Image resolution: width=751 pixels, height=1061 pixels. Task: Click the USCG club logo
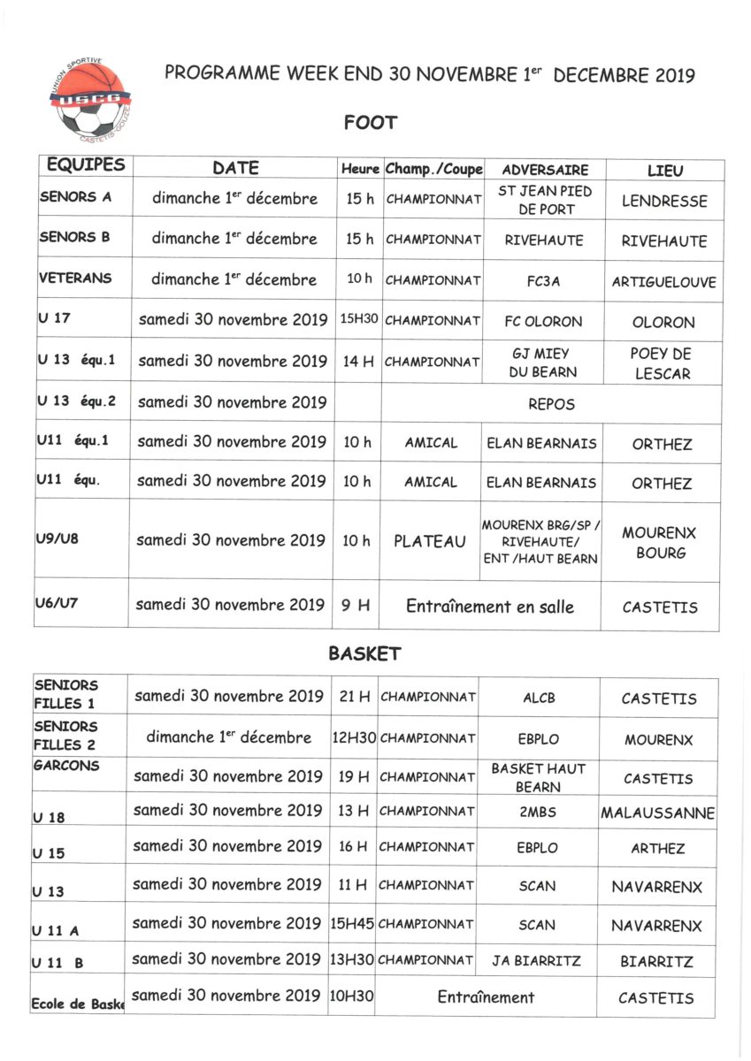89,97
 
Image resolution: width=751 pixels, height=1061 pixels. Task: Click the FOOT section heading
371,123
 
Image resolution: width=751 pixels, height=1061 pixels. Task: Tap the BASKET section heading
364,654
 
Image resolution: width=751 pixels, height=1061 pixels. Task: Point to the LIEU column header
664,171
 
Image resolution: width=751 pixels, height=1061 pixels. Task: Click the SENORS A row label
76,197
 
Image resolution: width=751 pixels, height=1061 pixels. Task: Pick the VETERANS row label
76,278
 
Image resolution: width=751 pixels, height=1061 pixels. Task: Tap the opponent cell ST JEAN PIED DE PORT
546,200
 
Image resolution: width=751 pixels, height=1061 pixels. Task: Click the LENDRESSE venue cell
664,202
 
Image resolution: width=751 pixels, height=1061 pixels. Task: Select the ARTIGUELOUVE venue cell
663,283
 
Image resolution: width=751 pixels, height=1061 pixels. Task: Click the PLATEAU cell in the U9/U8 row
430,541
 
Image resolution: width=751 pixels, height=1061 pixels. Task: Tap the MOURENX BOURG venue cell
659,543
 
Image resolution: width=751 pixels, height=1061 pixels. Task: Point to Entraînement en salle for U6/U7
489,607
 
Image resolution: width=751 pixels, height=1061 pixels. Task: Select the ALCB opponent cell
539,698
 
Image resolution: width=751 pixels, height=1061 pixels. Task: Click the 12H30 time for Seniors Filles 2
353,737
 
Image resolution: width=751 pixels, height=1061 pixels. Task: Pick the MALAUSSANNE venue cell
657,813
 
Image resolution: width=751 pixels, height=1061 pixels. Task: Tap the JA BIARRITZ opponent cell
537,960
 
